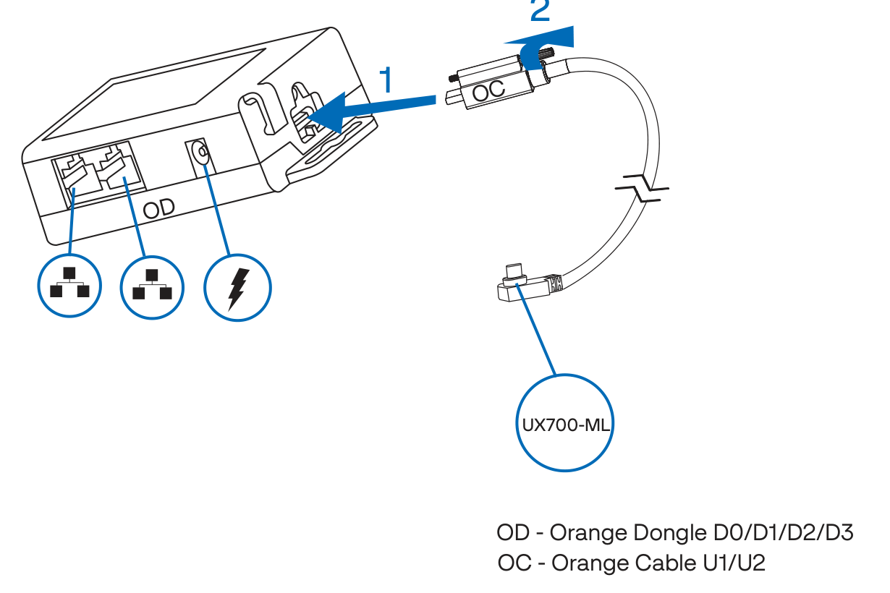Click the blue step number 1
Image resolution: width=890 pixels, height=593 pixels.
[x=386, y=80]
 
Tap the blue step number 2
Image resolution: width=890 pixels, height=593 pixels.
[x=541, y=11]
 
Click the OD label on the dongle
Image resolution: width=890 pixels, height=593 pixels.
[x=159, y=208]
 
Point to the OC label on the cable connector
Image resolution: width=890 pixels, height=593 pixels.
[x=488, y=91]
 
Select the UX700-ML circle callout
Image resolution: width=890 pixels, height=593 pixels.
[x=565, y=423]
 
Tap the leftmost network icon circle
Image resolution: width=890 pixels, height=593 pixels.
[x=69, y=286]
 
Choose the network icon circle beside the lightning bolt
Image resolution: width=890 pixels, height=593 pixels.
[x=152, y=287]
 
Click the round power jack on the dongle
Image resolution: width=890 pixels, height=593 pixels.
[x=200, y=153]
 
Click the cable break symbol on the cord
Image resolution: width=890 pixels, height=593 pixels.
[x=642, y=188]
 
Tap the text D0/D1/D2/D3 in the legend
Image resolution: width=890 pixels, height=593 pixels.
[x=783, y=533]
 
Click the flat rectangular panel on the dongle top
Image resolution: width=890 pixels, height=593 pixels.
[x=154, y=95]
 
